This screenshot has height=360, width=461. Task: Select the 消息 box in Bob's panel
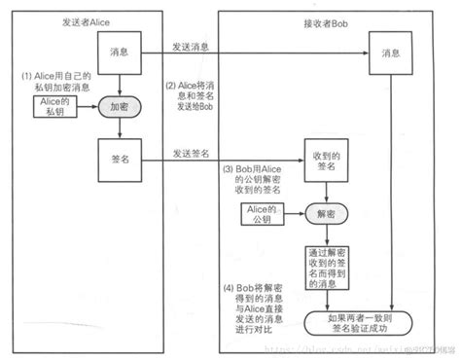(389, 53)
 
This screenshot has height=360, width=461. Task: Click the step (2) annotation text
(189, 93)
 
